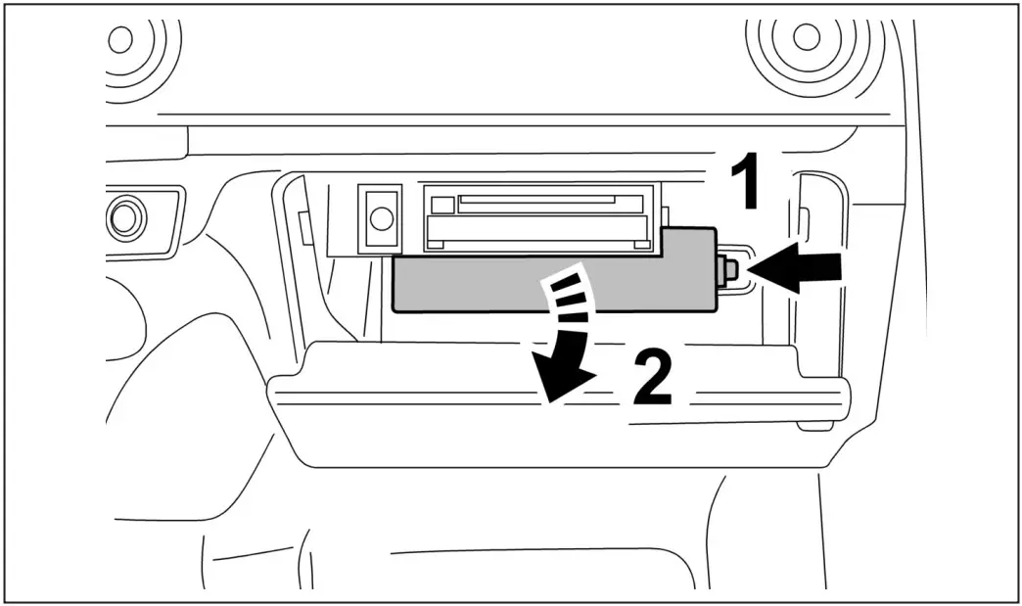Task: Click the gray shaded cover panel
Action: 470,283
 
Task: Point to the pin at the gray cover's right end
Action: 728,270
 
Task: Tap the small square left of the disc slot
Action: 443,205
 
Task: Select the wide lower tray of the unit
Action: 538,231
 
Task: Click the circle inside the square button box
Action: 381,215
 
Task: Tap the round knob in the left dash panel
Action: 124,217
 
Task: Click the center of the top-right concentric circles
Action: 806,37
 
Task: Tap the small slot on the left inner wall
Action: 304,227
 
